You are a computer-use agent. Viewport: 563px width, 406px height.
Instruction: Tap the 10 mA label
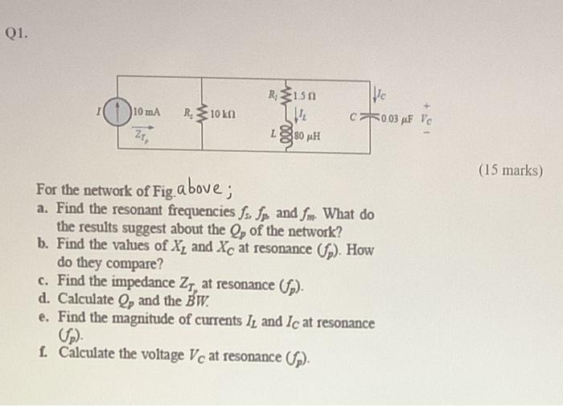pyautogui.click(x=147, y=110)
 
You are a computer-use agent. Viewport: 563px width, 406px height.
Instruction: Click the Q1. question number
pyautogui.click(x=15, y=33)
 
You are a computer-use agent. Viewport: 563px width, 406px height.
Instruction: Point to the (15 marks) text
pyautogui.click(x=510, y=170)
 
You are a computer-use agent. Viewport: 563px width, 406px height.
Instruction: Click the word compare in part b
pyautogui.click(x=122, y=264)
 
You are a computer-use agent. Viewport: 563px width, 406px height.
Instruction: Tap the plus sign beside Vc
pyautogui.click(x=434, y=104)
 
